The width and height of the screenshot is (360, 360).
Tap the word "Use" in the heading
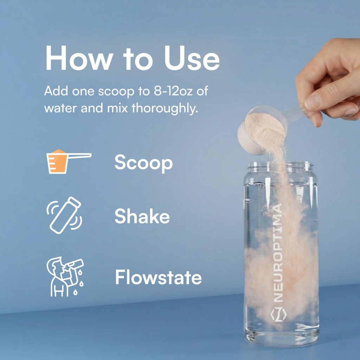192,58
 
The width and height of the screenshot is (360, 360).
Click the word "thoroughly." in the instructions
165,108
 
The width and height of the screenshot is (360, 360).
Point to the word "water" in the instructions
60,108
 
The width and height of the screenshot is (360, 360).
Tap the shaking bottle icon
64,215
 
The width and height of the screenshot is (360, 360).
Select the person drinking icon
65,276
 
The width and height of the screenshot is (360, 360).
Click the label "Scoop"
143,163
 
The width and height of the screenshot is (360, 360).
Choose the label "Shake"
142,216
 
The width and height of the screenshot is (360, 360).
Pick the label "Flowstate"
159,277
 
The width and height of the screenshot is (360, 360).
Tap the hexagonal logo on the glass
278,315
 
